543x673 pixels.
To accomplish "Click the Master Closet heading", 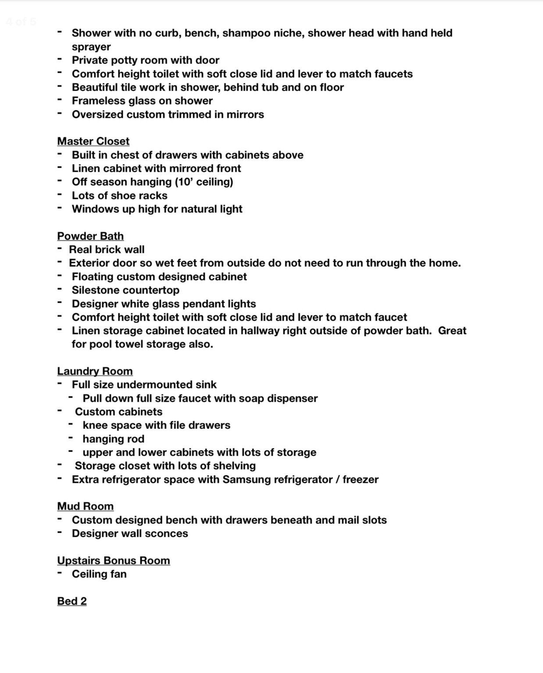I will click(93, 141).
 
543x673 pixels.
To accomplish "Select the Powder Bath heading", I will click(90, 236).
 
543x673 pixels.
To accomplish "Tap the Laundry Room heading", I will click(95, 371).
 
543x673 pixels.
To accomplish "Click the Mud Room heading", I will click(85, 507).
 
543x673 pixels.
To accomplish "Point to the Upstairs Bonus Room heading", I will click(113, 561).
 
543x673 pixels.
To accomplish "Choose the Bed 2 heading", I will click(71, 601).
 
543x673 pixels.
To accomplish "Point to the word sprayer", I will click(91, 47).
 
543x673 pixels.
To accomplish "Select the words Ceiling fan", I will click(99, 574).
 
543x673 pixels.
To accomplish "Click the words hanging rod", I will click(113, 439).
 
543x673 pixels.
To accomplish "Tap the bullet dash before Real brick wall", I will click(59, 249).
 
